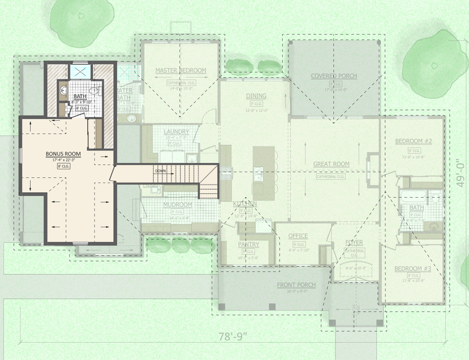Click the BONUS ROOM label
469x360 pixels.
click(x=63, y=154)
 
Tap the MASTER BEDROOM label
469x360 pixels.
click(x=181, y=71)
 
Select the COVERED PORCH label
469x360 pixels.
click(x=334, y=76)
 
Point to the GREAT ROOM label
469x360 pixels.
click(x=331, y=164)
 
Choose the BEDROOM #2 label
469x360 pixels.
click(x=413, y=141)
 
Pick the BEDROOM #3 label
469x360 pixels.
click(x=413, y=269)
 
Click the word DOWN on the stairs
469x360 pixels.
click(x=161, y=171)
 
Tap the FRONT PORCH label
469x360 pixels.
click(x=296, y=285)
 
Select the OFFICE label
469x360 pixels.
click(x=298, y=236)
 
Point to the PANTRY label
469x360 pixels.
click(x=249, y=244)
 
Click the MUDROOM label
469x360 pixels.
click(x=177, y=205)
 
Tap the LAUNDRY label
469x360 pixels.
click(x=176, y=132)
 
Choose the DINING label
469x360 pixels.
click(x=256, y=96)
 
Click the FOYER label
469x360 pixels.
click(x=354, y=242)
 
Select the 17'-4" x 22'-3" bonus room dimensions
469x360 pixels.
click(x=63, y=160)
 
